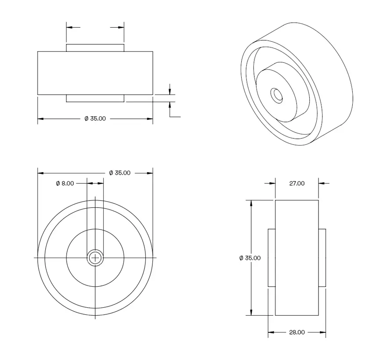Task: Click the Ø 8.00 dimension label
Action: pos(65,184)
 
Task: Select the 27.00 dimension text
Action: pos(297,184)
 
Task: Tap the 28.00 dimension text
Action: pos(297,332)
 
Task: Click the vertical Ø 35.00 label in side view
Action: pos(250,258)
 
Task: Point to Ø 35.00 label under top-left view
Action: pos(95,119)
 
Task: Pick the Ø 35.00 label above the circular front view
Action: pos(119,173)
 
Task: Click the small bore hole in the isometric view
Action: pos(277,95)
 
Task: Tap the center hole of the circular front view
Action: pos(95,258)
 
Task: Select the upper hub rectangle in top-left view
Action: pos(95,48)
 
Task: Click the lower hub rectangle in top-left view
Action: pos(95,98)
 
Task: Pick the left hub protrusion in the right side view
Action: pos(272,258)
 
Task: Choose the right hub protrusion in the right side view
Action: pos(322,258)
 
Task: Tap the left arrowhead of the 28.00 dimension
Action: pos(271,332)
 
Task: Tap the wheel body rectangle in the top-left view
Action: pos(95,73)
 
